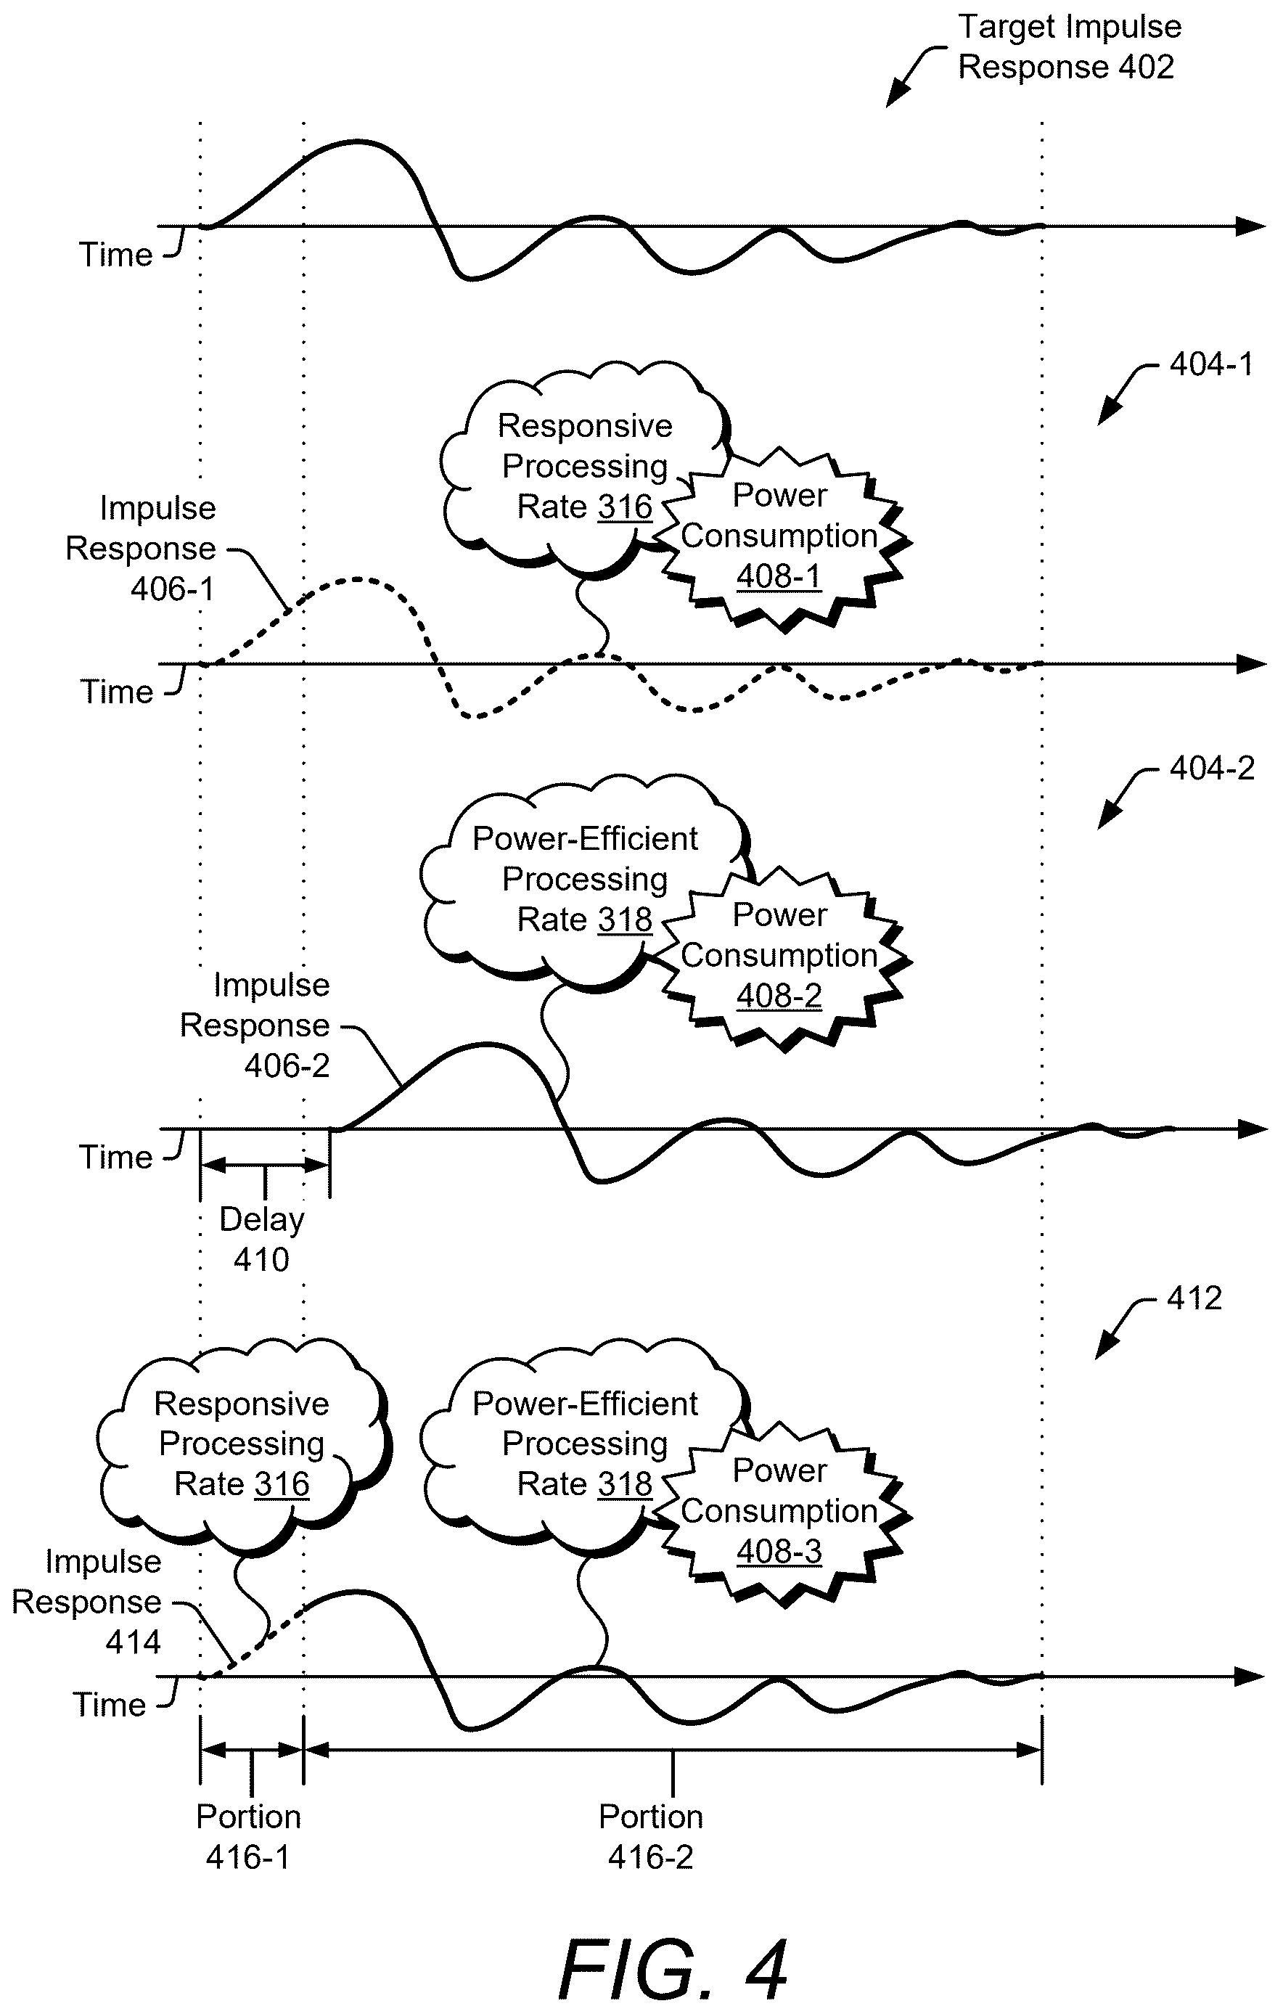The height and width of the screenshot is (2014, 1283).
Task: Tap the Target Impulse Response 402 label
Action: pos(1069,47)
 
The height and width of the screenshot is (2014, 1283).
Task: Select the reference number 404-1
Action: pos(1211,364)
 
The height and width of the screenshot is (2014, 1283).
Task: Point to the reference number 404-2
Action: pos(1211,769)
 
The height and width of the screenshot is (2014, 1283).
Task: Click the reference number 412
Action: pos(1194,1298)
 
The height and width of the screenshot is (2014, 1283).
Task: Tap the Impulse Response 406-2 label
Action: pos(255,1026)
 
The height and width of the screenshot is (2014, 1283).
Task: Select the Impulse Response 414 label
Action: pos(86,1602)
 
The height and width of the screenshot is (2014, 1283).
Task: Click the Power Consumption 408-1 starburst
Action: pos(779,537)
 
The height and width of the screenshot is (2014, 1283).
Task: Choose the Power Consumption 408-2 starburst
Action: pos(779,957)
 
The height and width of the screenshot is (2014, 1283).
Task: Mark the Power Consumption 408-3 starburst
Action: pos(779,1512)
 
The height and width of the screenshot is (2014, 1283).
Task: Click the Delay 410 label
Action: pos(262,1240)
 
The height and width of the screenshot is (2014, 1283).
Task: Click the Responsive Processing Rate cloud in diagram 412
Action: pos(242,1446)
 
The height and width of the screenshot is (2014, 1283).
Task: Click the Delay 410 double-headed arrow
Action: pos(264,1165)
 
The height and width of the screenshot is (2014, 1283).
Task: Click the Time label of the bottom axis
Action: pos(110,1705)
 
